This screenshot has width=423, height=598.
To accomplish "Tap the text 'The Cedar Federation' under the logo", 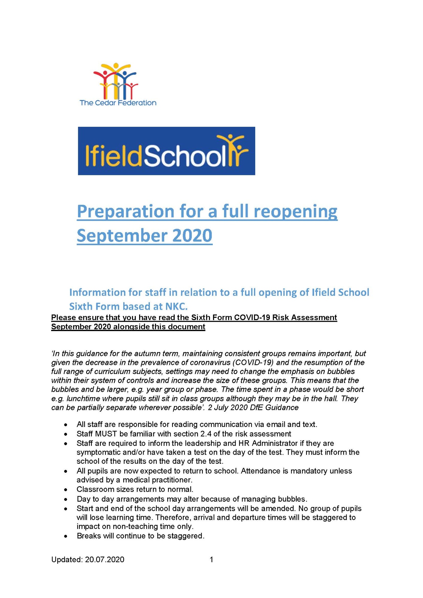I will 118,103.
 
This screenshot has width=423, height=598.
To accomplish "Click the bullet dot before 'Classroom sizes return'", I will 66,490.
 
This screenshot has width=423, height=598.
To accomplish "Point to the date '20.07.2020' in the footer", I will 104,560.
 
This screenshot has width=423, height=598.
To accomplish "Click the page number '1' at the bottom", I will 211,560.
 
